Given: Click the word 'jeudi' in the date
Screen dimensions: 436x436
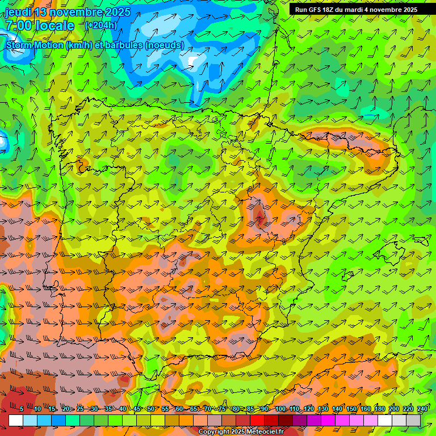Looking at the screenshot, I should click(x=18, y=12).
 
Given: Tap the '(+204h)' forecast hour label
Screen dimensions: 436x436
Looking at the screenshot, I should click(x=100, y=25).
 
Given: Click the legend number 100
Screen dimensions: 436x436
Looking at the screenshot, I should click(x=280, y=409).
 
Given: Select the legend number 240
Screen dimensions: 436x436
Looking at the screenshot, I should click(x=422, y=409).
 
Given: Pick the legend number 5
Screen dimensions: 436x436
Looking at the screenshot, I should click(x=22, y=409).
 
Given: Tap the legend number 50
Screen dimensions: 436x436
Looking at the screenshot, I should click(x=150, y=409).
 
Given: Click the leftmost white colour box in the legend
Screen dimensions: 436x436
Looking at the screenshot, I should click(x=16, y=420).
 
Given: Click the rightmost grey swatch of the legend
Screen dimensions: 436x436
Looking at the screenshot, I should click(x=413, y=420).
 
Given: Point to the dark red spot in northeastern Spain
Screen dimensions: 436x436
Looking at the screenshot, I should click(x=259, y=215).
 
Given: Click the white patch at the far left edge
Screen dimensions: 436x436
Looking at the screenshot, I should click(x=3, y=142).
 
